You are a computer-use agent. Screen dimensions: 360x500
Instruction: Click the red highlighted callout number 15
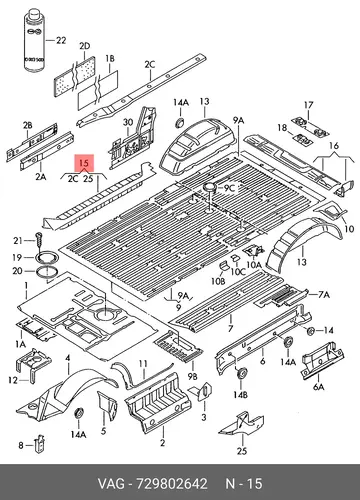coord(84,163)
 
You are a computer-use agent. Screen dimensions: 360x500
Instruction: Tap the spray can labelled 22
coord(35,40)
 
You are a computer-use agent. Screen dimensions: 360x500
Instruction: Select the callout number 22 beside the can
coord(61,40)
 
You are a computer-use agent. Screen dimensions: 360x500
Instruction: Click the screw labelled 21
coord(39,241)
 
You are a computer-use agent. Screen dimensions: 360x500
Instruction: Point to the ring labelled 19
coord(47,257)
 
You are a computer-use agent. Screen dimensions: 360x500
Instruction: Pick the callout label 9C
coord(229,188)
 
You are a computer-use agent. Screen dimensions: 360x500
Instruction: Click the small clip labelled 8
coord(40,443)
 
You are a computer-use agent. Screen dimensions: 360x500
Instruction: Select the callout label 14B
coord(240,395)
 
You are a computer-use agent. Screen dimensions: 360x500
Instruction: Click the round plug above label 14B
coord(241,373)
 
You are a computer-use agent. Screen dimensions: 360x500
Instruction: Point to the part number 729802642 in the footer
coord(171,484)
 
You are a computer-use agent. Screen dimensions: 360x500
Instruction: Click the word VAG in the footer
coord(111,484)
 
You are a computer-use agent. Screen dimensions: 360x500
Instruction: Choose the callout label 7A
coord(324,294)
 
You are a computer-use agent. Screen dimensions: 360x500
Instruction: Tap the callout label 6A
coord(319,387)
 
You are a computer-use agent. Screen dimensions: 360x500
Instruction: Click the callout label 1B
coord(110,59)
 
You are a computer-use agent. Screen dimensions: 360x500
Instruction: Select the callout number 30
coord(128,123)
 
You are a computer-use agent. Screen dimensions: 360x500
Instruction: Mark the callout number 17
coord(309,105)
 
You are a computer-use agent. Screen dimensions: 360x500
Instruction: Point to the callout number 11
coord(143,364)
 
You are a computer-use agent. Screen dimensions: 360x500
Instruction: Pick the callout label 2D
coord(85,46)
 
